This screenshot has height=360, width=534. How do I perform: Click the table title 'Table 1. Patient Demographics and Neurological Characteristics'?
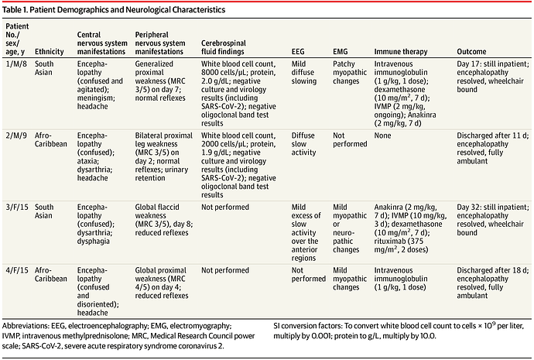click(x=114, y=9)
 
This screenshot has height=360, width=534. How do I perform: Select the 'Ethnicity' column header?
click(x=50, y=51)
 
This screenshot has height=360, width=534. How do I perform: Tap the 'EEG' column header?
click(x=298, y=51)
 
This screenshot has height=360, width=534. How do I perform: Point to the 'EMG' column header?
click(x=341, y=51)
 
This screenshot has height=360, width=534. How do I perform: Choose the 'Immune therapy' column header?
click(x=401, y=51)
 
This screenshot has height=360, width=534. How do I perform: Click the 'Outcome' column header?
click(x=471, y=51)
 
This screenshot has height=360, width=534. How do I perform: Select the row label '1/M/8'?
click(x=16, y=63)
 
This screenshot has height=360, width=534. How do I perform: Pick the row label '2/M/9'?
click(x=16, y=135)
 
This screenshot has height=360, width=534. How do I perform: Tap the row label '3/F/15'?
click(x=17, y=207)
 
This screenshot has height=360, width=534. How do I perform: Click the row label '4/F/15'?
click(x=17, y=270)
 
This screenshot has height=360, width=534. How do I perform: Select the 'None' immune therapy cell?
click(x=383, y=135)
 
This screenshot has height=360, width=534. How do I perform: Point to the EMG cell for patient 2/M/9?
click(x=350, y=139)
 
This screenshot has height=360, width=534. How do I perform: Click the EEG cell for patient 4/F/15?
click(x=309, y=275)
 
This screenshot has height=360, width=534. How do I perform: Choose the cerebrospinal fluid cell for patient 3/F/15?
click(x=225, y=207)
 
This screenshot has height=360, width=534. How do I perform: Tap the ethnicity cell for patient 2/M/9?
click(x=51, y=139)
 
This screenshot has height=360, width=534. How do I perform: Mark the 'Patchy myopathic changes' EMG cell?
click(x=350, y=72)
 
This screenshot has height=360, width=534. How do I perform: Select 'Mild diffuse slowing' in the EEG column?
click(x=304, y=72)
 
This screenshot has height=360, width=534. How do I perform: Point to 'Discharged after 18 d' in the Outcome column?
click(x=491, y=270)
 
